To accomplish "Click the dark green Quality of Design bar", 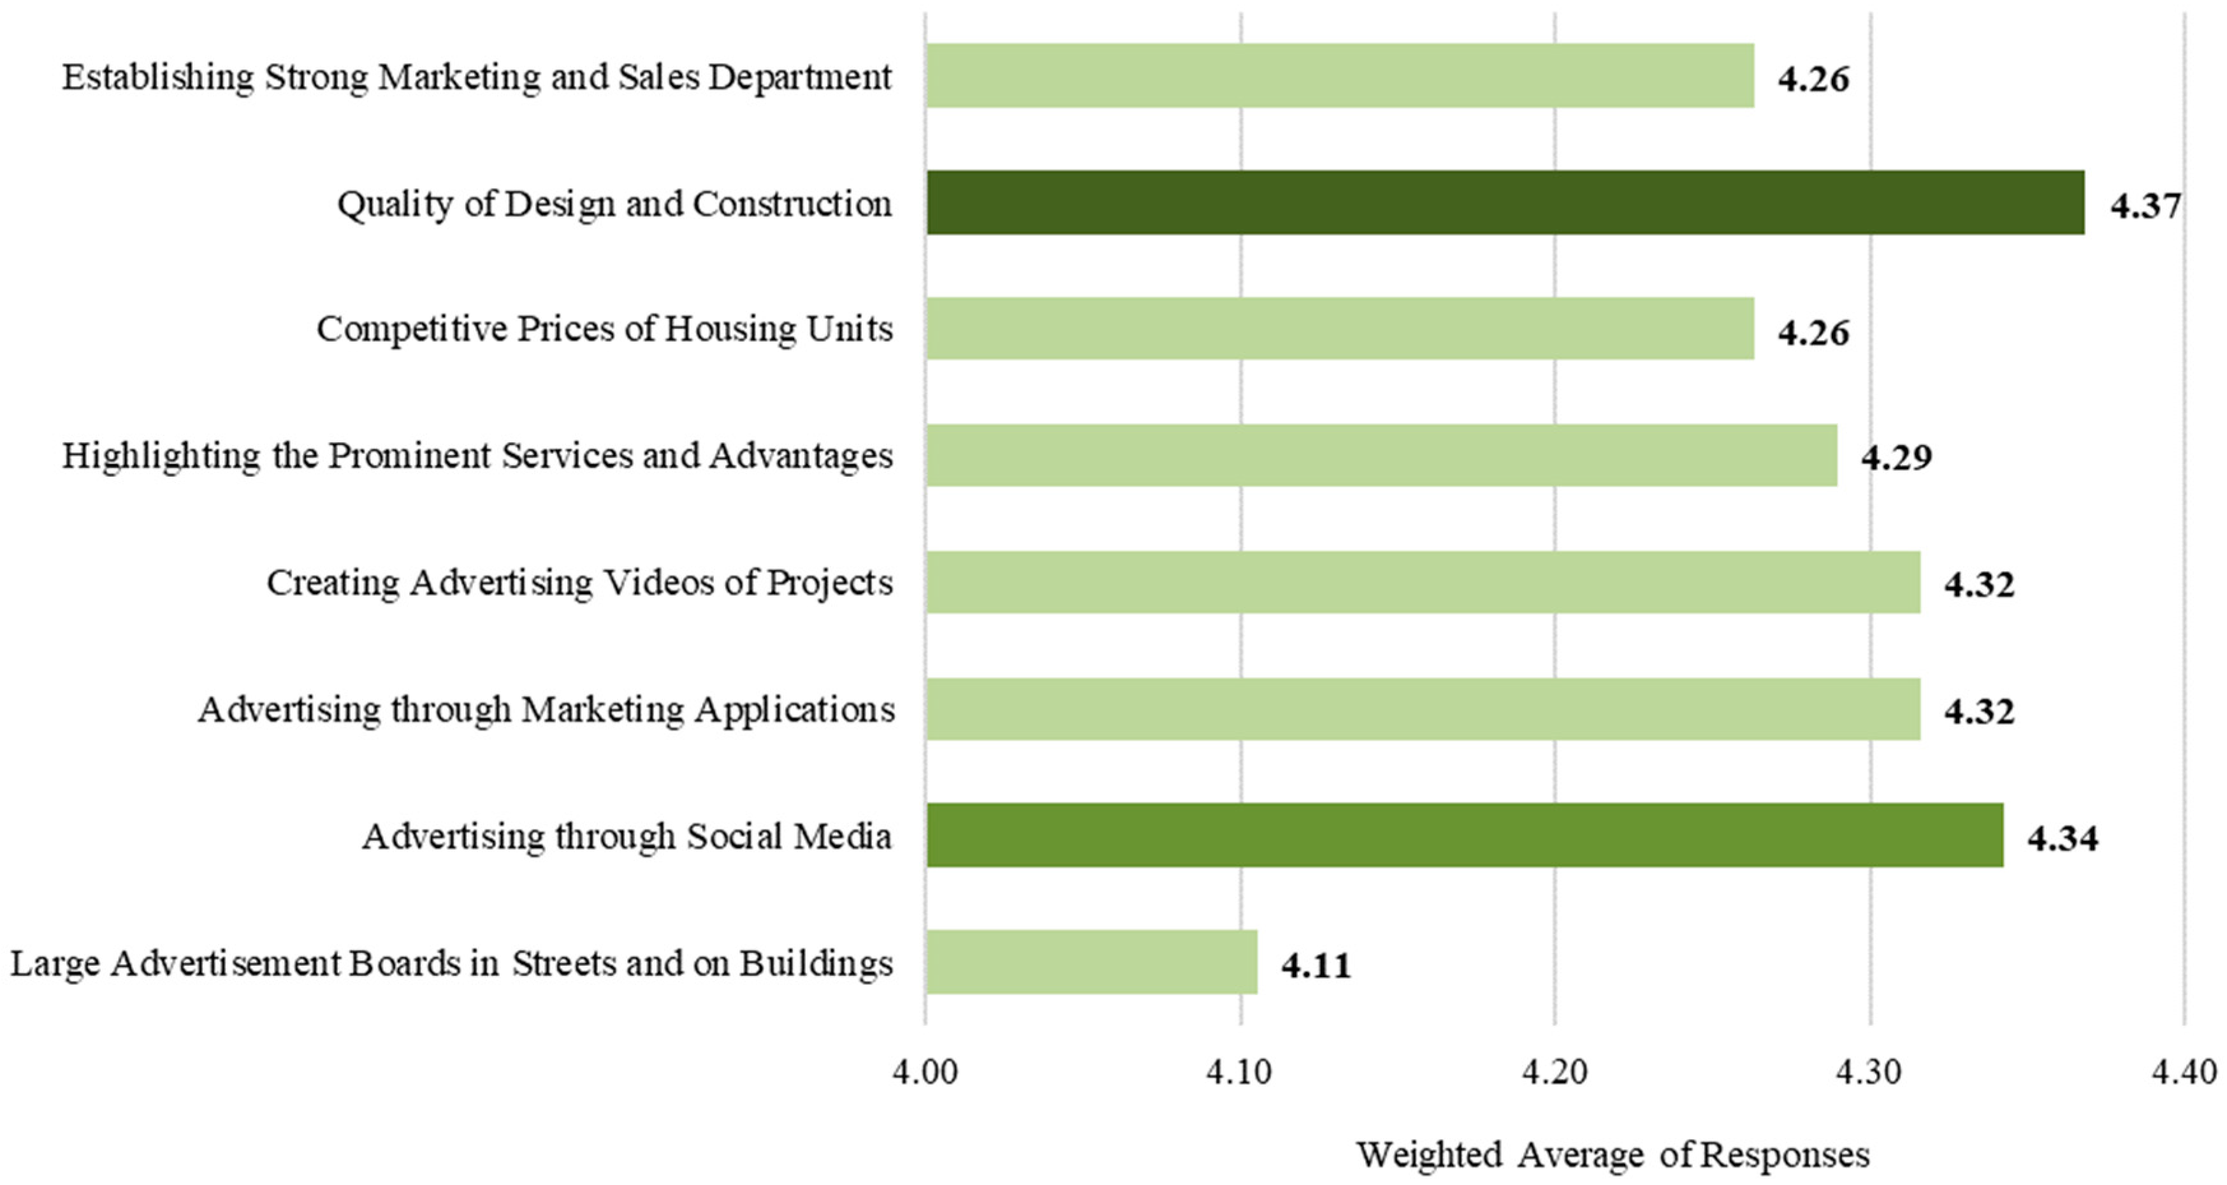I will (x=1504, y=202).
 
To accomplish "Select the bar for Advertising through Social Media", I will (x=1465, y=835).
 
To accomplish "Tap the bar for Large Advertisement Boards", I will (x=1091, y=961).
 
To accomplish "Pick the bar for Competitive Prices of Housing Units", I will (x=1340, y=328).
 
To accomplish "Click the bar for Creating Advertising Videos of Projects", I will (x=1423, y=582).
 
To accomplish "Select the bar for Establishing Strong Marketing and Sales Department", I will (x=1340, y=76).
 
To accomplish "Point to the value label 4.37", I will (x=2146, y=206).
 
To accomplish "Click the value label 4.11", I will (x=1316, y=964).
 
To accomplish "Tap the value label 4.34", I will (x=2063, y=838).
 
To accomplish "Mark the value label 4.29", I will (x=1896, y=457).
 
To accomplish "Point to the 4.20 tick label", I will (x=1555, y=1073).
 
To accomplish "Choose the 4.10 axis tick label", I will (x=1240, y=1073).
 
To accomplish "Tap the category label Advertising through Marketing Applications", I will (x=546, y=709).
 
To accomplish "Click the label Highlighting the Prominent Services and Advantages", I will (x=477, y=456).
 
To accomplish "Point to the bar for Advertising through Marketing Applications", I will (x=1423, y=709).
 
